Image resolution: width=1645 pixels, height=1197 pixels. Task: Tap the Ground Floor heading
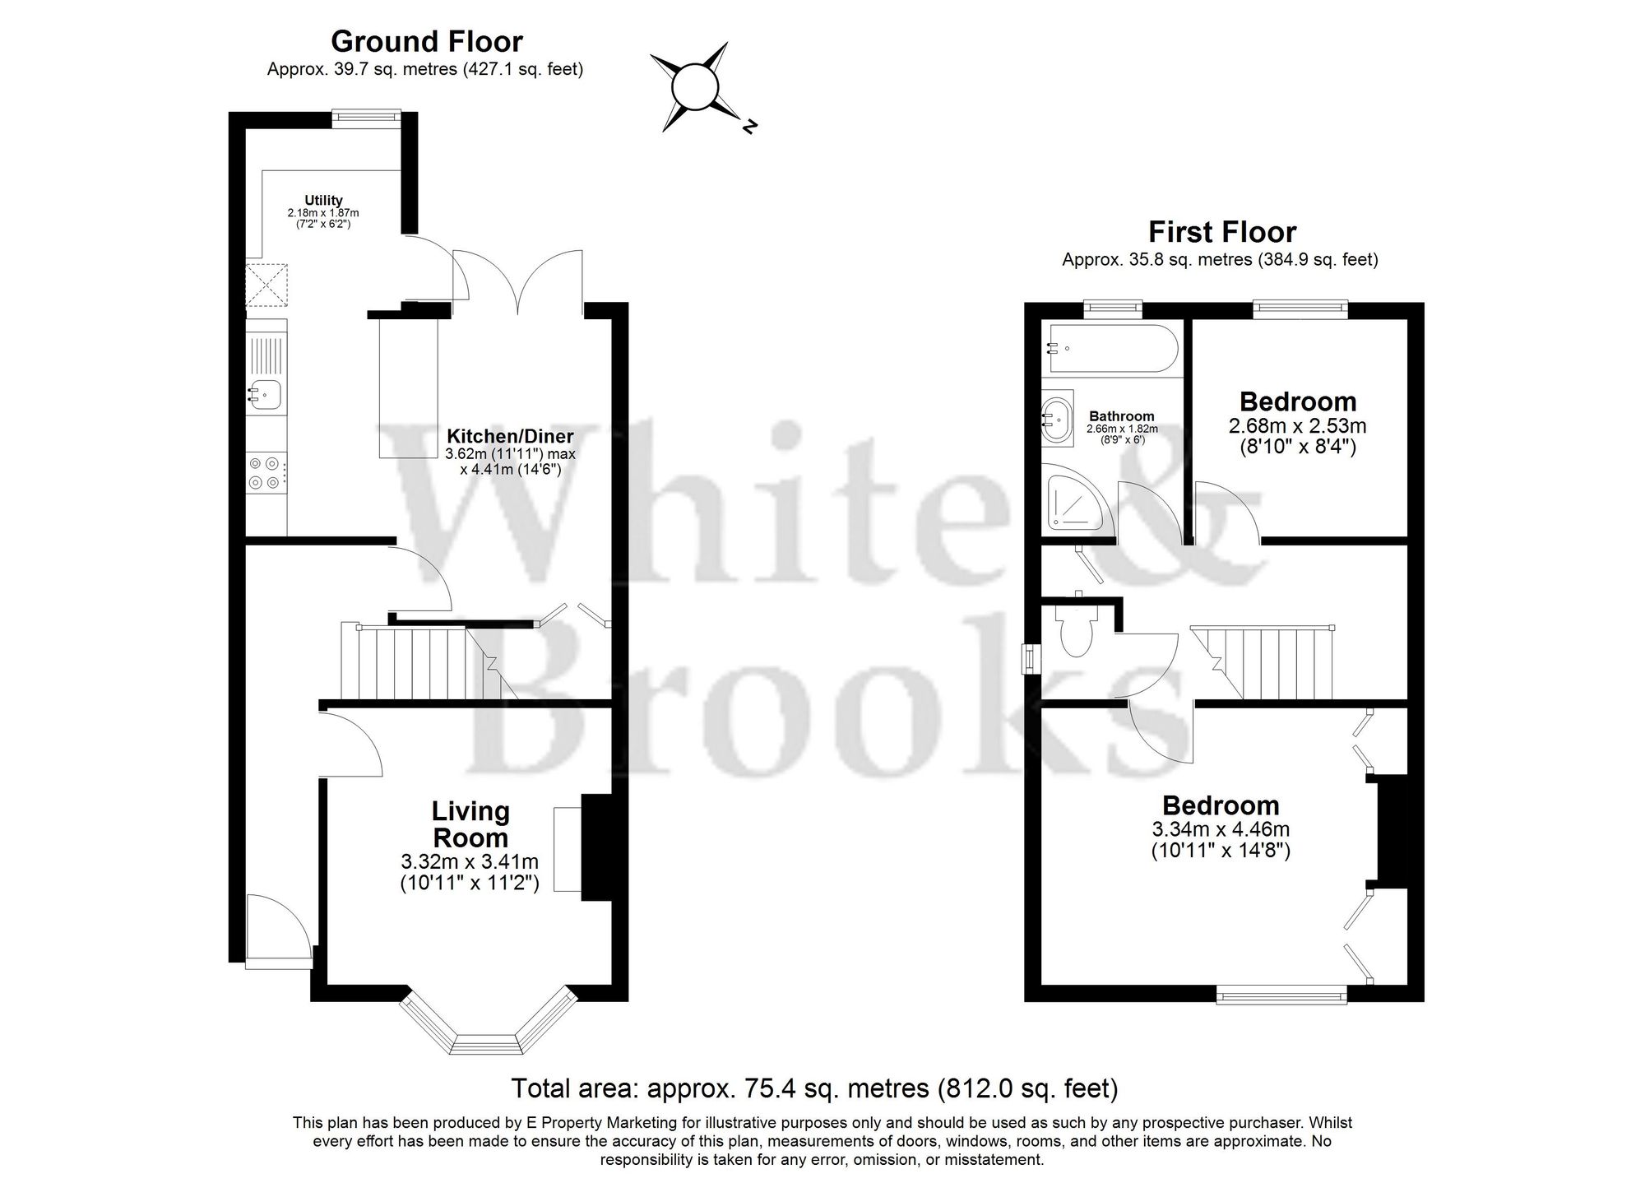(426, 41)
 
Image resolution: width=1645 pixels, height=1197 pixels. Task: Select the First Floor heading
(1222, 232)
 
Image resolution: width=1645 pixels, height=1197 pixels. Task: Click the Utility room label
(323, 201)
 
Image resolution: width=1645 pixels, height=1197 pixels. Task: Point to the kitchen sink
(266, 394)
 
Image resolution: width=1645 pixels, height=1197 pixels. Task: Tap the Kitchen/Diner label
(510, 436)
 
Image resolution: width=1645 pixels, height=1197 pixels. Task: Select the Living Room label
(470, 824)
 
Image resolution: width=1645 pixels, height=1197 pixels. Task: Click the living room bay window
(487, 1028)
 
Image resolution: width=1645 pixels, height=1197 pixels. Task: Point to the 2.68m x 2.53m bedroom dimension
(1297, 426)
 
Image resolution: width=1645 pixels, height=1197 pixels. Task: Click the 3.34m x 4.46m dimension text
(1220, 829)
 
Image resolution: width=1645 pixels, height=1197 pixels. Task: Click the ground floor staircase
(419, 662)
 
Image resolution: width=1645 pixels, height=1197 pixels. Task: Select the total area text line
(814, 1088)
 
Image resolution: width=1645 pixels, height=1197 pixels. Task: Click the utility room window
(367, 118)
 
